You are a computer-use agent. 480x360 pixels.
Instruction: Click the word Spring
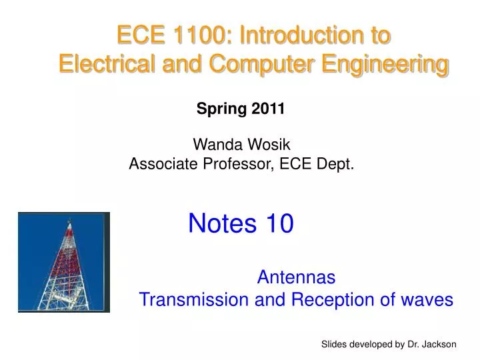tap(222, 110)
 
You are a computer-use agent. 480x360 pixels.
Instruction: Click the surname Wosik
tap(265, 143)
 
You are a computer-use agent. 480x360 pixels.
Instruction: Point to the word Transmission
tap(195, 300)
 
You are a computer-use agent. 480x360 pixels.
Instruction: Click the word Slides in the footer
tap(334, 344)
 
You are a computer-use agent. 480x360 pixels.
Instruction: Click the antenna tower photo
tap(64, 262)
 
